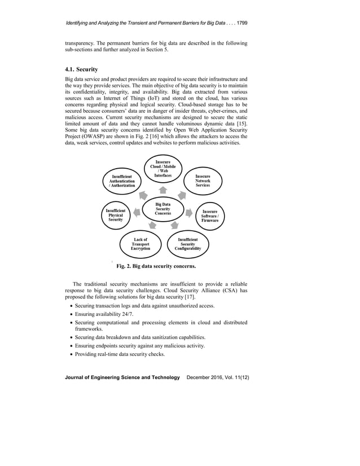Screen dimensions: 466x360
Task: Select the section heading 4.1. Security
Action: (84, 69)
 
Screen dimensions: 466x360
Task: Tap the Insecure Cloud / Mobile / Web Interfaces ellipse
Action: (163, 169)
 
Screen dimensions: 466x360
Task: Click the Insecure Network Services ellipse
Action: (203, 181)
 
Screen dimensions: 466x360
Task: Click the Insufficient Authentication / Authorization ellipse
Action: (122, 181)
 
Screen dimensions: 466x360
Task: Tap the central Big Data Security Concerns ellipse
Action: (163, 209)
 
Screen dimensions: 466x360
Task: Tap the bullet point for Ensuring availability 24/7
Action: (69, 314)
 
